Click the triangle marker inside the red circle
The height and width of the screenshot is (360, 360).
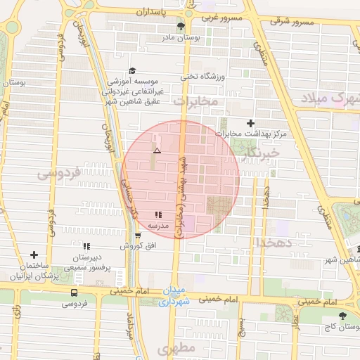[x=157, y=150]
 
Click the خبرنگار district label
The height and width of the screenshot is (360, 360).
[x=261, y=152]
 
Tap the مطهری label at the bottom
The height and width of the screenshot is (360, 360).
[x=175, y=348]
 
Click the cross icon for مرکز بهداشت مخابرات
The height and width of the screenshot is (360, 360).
[x=251, y=123]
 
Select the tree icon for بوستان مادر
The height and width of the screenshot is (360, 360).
[x=181, y=27]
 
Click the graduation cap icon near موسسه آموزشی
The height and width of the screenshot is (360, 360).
[x=131, y=71]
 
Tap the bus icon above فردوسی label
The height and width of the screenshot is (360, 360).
[x=75, y=292]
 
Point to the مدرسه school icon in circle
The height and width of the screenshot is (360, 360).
[x=158, y=214]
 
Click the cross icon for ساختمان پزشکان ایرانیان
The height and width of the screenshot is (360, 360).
[x=34, y=255]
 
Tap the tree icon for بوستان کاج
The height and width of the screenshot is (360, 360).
[x=342, y=316]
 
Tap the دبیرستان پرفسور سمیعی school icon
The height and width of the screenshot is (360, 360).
[x=87, y=246]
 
